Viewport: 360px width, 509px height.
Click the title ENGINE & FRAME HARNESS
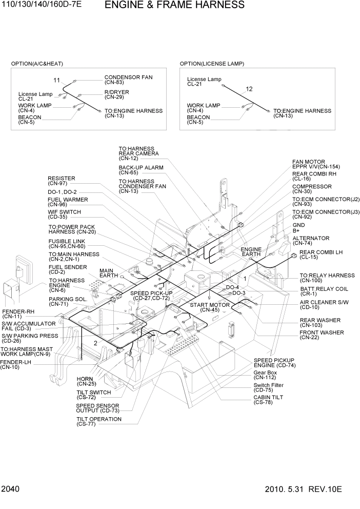click(x=174, y=6)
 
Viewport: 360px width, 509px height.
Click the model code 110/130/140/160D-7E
click(x=42, y=5)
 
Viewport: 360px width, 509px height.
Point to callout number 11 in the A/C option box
click(x=57, y=81)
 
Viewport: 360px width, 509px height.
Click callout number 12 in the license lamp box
click(x=249, y=89)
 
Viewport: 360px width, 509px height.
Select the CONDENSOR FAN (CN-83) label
click(x=128, y=80)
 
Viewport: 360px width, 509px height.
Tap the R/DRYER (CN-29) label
click(x=117, y=94)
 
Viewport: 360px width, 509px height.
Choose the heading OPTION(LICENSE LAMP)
click(x=212, y=64)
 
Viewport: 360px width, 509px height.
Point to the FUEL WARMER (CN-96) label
click(x=68, y=202)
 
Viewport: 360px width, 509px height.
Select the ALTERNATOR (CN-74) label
click(x=311, y=241)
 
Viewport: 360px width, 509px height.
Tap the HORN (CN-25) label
click(x=86, y=381)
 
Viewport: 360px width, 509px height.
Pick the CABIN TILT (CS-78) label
click(x=268, y=400)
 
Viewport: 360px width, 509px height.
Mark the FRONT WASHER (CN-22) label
click(x=322, y=335)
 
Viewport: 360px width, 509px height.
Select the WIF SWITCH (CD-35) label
click(x=64, y=214)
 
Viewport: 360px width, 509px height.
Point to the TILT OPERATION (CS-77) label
click(x=99, y=421)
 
